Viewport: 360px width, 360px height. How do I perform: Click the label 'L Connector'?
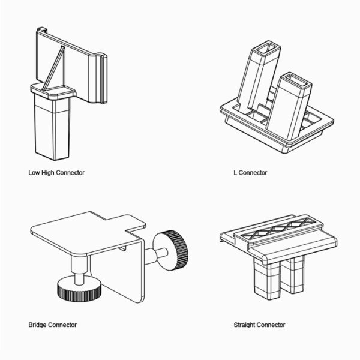[250, 173]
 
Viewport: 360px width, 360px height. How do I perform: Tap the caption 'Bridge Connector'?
[52, 325]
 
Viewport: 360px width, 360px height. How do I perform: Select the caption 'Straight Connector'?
[259, 325]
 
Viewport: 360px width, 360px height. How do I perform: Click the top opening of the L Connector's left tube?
[264, 48]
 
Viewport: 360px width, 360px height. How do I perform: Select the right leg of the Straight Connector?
[297, 280]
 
